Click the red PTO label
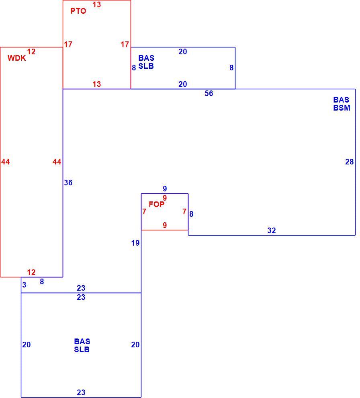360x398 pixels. pos(78,11)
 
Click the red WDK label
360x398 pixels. pos(17,58)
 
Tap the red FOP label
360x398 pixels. pos(157,204)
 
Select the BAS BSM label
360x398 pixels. pos(342,104)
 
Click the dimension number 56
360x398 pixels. pos(209,93)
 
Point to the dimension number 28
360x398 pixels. pos(349,162)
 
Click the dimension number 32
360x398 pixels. pos(272,230)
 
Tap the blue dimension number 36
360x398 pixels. pos(68,183)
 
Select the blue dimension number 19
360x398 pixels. pos(135,243)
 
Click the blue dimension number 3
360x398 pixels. pos(24,285)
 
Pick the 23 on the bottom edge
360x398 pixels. pos(81,392)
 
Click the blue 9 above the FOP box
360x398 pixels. pos(165,189)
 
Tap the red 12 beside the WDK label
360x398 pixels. pos(31,51)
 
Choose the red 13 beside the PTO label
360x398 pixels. pos(97,4)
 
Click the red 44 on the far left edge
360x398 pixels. pos(6,162)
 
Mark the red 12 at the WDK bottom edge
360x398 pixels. pos(31,272)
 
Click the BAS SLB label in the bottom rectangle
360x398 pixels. pos(82,345)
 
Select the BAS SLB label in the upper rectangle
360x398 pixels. pos(146,62)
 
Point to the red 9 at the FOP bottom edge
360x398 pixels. pos(165,225)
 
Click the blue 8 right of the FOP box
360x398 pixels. pos(191,214)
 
